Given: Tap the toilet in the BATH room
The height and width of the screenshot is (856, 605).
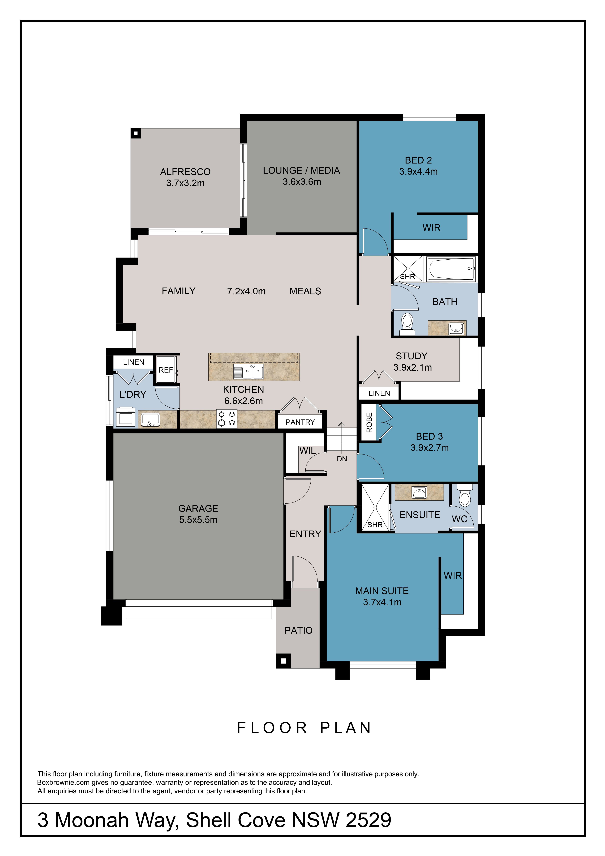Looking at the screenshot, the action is (407, 324).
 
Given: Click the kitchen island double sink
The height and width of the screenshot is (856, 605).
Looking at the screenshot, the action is (248, 371).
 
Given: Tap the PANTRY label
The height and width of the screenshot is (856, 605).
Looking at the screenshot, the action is (300, 422).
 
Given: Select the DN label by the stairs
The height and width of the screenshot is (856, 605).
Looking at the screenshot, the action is (342, 459).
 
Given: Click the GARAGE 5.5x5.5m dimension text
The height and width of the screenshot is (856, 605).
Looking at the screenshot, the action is (198, 520).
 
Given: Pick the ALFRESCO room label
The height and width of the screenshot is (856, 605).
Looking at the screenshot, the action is (185, 172).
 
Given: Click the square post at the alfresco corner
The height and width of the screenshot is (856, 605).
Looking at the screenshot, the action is (136, 133).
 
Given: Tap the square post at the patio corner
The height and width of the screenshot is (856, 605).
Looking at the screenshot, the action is (283, 661).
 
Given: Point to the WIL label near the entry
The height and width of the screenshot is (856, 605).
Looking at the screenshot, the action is (308, 451).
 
